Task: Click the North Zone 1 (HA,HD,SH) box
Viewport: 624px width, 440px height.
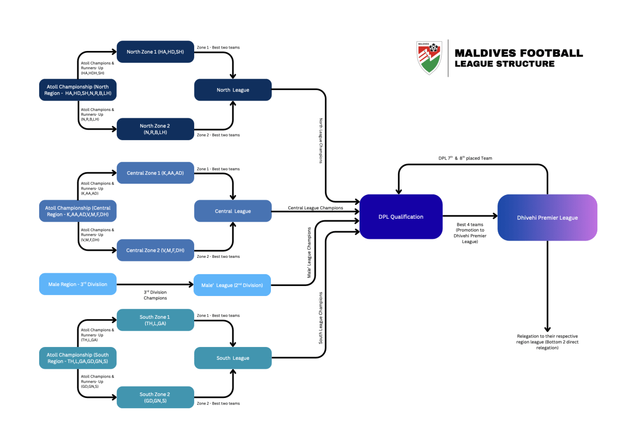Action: tap(155, 51)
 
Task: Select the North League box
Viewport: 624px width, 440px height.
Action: tap(233, 90)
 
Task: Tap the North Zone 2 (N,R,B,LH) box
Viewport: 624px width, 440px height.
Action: tap(155, 129)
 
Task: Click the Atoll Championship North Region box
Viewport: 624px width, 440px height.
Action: tap(78, 90)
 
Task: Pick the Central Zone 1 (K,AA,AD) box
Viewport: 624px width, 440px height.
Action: tap(155, 173)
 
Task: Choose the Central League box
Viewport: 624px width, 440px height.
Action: tap(233, 211)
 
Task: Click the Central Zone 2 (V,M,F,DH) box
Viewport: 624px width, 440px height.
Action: tap(155, 250)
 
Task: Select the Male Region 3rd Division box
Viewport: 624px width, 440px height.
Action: tap(78, 284)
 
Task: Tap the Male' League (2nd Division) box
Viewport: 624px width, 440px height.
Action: tap(232, 285)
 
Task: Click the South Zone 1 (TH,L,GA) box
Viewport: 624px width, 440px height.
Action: tap(155, 320)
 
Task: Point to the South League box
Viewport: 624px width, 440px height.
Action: tap(233, 358)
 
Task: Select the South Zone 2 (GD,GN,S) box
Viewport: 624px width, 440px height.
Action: tap(155, 397)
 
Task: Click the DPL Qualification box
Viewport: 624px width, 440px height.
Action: tap(401, 217)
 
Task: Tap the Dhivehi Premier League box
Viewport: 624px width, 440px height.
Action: tap(547, 218)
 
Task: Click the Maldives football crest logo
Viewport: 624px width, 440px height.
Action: tap(429, 58)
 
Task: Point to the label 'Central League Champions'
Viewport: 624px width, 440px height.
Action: tap(315, 208)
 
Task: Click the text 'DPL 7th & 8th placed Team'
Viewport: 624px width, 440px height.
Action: tap(465, 158)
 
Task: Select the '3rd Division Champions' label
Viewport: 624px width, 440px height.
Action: tap(156, 295)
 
